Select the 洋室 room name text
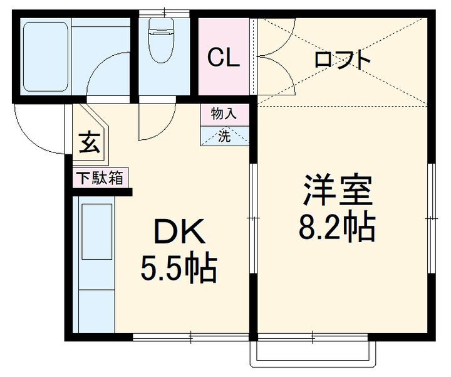point(338,191)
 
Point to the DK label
point(179,233)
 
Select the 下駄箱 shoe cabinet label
point(100,178)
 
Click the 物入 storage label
point(223,114)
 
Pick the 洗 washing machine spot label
point(224,136)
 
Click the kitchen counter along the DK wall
point(95,267)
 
